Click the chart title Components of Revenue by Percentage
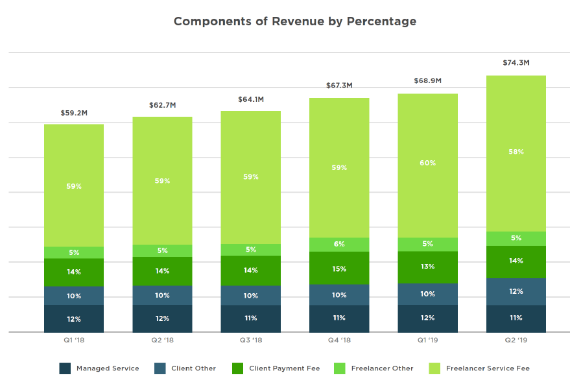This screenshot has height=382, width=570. point(295,21)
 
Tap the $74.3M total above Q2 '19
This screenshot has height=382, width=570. point(516,63)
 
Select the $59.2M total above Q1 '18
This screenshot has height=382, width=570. point(74,113)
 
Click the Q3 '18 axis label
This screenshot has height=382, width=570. point(250,340)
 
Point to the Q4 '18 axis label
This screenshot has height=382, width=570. point(339,340)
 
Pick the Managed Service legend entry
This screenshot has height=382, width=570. point(99,368)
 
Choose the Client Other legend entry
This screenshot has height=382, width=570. point(185,368)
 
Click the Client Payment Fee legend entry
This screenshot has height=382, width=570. point(276,368)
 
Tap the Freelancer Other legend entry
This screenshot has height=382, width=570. point(374,368)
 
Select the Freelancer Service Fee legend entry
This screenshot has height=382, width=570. point(479,368)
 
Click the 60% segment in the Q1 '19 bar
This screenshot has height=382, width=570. point(427,163)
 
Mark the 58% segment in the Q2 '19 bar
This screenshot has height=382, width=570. point(516,152)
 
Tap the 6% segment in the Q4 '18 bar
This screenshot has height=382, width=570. point(339,245)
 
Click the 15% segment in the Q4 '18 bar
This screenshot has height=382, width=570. point(339,269)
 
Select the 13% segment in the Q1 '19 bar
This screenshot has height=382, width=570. point(427,267)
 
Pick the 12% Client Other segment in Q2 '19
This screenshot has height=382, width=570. point(516,291)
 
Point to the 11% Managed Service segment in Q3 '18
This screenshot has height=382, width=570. point(250,318)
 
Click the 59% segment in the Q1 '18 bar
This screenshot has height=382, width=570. point(74,186)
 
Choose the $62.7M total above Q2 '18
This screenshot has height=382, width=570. point(162,106)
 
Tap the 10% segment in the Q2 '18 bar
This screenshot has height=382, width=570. point(162,295)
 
